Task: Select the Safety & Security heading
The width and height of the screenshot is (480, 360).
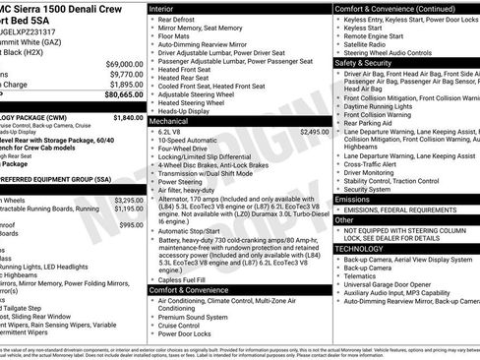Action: click(363, 62)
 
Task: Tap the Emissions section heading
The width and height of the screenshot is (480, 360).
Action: click(353, 199)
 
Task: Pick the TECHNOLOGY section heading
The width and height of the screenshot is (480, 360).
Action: click(361, 249)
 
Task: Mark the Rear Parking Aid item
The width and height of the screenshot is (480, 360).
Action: click(373, 123)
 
